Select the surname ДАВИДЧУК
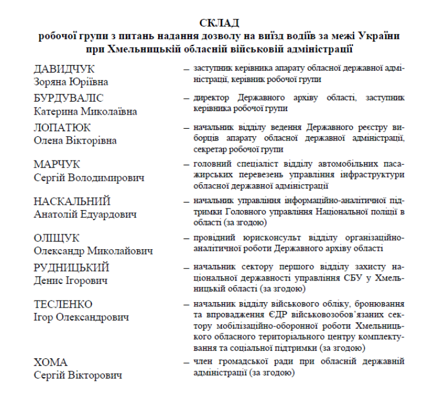64,69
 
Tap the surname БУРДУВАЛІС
68,98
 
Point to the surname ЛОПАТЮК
62,128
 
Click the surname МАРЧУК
57,164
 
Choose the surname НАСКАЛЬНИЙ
72,201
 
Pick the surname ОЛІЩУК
56,238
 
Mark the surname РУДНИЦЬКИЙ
71,267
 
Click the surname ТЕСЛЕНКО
63,305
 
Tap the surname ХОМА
50,361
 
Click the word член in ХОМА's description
202,361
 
